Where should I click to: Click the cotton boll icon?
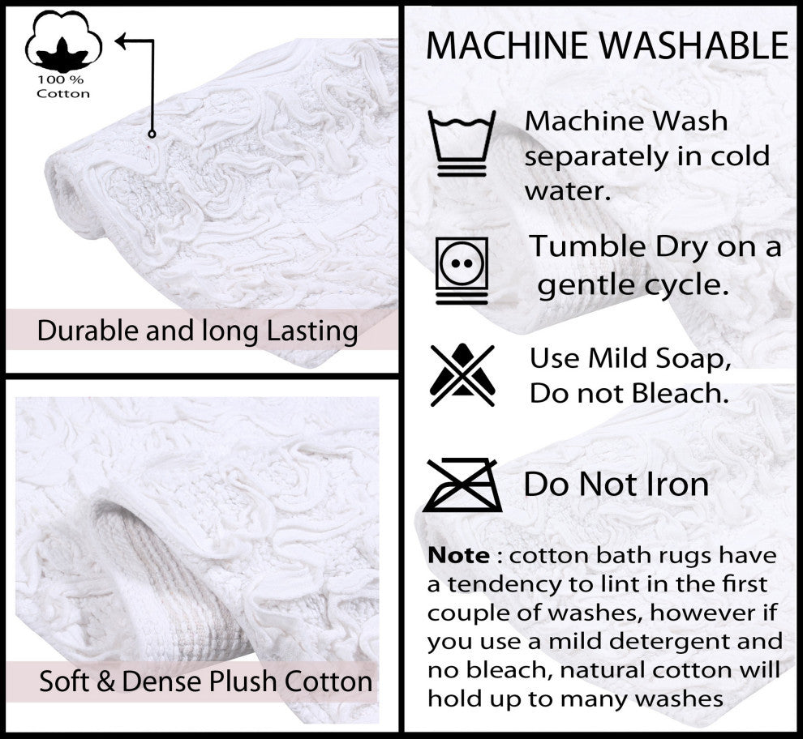coord(63,41)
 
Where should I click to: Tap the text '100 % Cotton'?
coord(63,87)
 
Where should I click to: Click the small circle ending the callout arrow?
coord(152,134)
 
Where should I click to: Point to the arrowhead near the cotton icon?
coord(121,41)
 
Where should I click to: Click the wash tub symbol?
coord(462,143)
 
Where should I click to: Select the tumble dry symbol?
coord(462,271)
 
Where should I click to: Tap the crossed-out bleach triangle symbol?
coord(462,375)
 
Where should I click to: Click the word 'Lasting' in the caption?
coord(312,331)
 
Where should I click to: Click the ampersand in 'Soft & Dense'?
coord(105,681)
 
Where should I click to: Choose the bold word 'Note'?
coord(458,555)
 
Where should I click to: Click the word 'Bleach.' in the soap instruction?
coord(680,394)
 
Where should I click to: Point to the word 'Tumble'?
coord(588,246)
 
